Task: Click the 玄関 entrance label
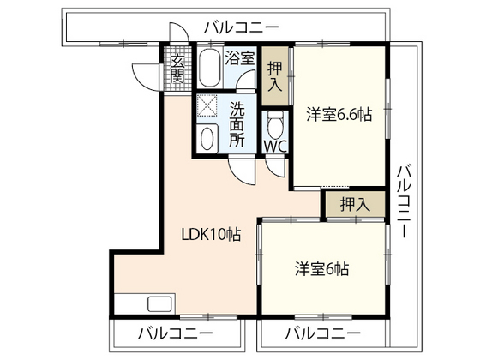[x=177, y=69]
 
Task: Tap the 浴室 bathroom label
[x=239, y=58]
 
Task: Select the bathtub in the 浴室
[x=210, y=69]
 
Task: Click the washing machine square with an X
[x=207, y=107]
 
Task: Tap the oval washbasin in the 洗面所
[x=207, y=139]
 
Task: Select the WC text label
[x=274, y=147]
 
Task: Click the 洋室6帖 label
[x=322, y=267]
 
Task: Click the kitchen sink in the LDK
[x=159, y=303]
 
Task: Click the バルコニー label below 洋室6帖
[x=322, y=333]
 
